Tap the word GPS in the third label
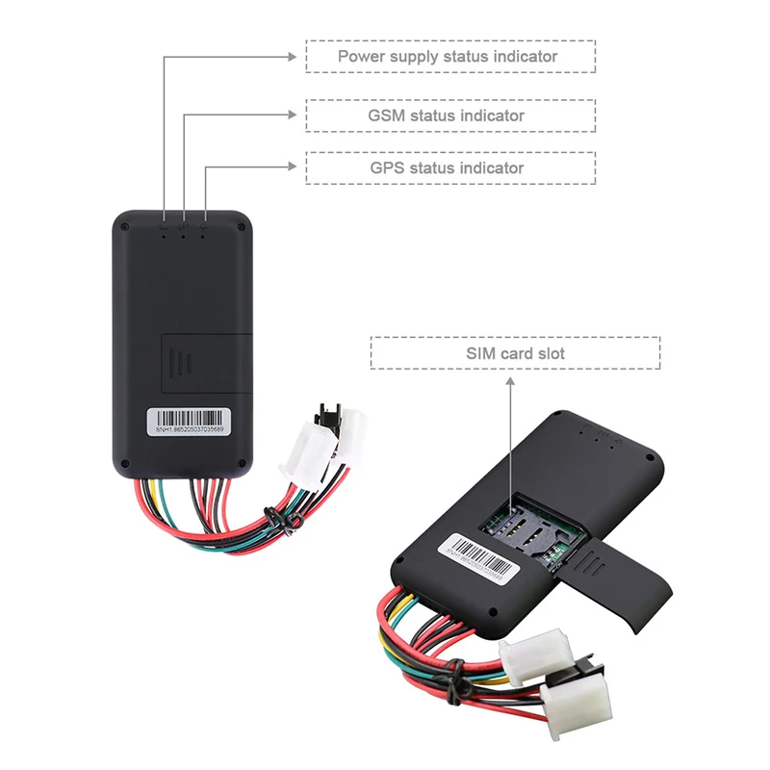[388, 167]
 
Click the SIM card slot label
[516, 353]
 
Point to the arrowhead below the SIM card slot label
[511, 380]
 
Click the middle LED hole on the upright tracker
[184, 234]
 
